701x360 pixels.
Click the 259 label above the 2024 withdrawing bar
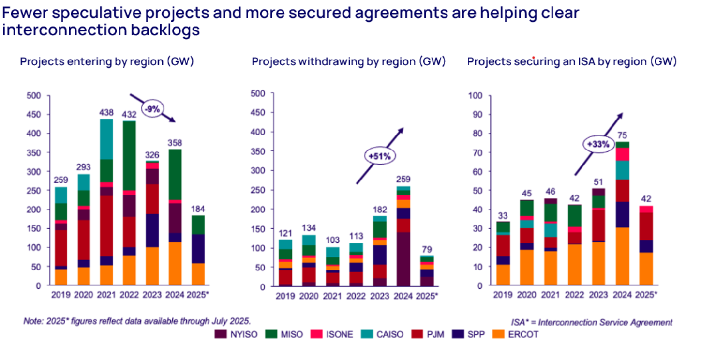tap(403, 179)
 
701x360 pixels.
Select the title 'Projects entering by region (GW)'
tap(106, 62)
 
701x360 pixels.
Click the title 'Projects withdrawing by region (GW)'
tap(348, 62)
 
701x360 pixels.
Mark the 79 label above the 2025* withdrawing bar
tap(426, 249)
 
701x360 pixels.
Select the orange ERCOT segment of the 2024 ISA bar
tap(622, 256)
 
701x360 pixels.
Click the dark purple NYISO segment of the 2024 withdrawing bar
tap(403, 259)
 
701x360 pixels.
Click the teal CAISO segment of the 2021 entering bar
tap(106, 139)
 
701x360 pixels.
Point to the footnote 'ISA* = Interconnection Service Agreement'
tap(592, 322)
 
